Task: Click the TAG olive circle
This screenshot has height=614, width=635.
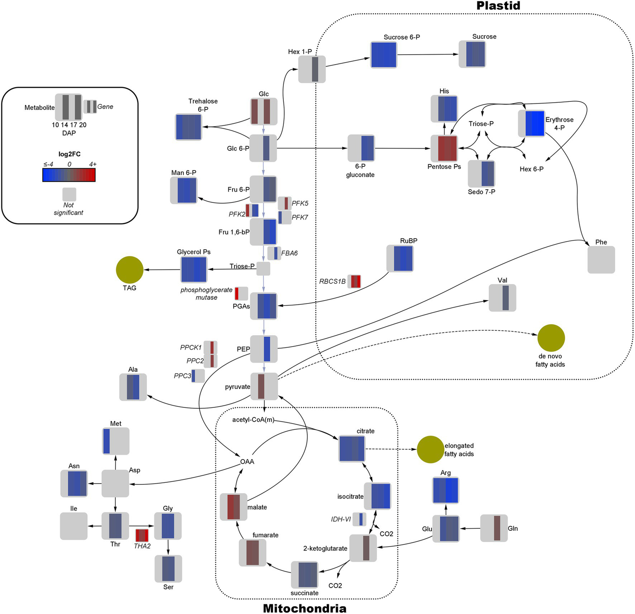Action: click(x=129, y=270)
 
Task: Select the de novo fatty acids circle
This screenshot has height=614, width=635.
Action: click(x=551, y=338)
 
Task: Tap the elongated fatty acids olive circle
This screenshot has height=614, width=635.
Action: click(x=430, y=449)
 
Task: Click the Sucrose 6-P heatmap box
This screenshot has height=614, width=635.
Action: click(x=384, y=55)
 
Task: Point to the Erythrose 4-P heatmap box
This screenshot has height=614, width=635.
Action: click(x=532, y=123)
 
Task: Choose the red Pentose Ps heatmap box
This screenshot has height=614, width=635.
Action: click(x=444, y=148)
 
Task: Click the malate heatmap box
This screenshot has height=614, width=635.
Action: click(x=234, y=507)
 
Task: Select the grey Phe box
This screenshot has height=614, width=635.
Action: click(x=601, y=260)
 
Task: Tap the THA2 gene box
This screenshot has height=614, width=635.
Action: click(x=142, y=535)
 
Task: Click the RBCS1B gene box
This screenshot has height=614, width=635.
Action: click(x=355, y=281)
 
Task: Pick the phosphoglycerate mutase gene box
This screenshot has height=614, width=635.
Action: click(x=242, y=294)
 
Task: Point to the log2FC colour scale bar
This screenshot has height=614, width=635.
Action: click(x=69, y=175)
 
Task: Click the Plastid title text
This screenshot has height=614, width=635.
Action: click(x=498, y=6)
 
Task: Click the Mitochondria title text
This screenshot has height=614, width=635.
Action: click(x=304, y=608)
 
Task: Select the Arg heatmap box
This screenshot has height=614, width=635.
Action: click(x=446, y=490)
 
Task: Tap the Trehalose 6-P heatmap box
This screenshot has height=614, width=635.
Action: click(x=189, y=127)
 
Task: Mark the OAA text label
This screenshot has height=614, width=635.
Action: click(x=247, y=461)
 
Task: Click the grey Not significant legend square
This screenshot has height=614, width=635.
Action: click(x=69, y=194)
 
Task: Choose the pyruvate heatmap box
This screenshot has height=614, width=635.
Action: click(x=264, y=386)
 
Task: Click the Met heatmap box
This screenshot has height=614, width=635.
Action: click(x=116, y=441)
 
